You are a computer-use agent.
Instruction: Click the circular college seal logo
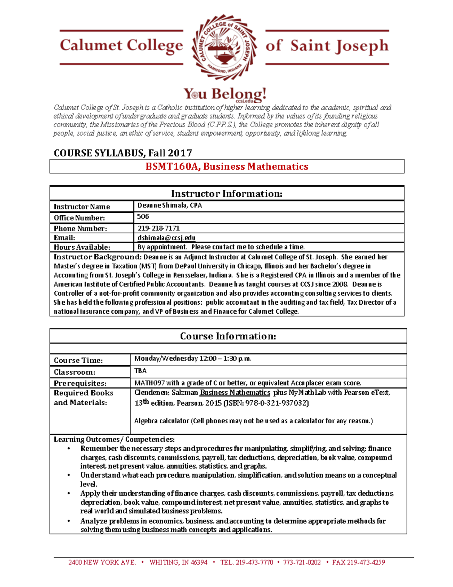224,47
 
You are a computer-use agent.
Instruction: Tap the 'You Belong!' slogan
225,94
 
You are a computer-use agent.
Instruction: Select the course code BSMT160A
172,167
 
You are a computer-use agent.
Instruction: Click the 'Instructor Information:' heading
226,194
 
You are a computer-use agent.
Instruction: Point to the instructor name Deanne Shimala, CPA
169,206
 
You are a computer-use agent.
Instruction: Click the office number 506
143,217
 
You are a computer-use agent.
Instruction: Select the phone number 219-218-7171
159,228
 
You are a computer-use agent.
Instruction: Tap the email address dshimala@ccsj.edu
166,238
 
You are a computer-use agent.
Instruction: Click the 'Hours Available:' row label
82,247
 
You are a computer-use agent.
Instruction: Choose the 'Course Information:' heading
228,336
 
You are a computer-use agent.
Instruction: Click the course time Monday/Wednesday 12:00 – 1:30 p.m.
193,359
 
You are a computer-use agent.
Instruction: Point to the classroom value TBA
140,371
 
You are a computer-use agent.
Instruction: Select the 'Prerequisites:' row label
80,383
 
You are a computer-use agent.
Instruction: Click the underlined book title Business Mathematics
235,393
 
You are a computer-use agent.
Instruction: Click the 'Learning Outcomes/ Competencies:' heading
114,440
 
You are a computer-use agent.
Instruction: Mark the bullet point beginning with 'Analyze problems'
69,521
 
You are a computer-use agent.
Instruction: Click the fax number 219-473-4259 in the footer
366,562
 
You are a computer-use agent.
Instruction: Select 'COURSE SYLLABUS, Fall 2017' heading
123,153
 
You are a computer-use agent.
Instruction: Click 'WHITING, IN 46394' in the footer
178,562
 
